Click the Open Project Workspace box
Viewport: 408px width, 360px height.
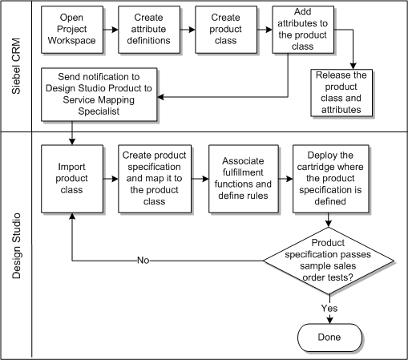click(72, 28)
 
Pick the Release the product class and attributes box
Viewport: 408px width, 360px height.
click(343, 92)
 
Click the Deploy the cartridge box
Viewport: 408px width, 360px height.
click(331, 178)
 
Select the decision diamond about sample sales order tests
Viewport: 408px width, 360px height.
click(329, 261)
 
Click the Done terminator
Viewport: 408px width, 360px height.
click(328, 337)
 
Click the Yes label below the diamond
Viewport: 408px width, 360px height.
click(329, 307)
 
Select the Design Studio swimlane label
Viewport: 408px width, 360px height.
click(16, 245)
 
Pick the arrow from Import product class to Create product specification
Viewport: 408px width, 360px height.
click(111, 178)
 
